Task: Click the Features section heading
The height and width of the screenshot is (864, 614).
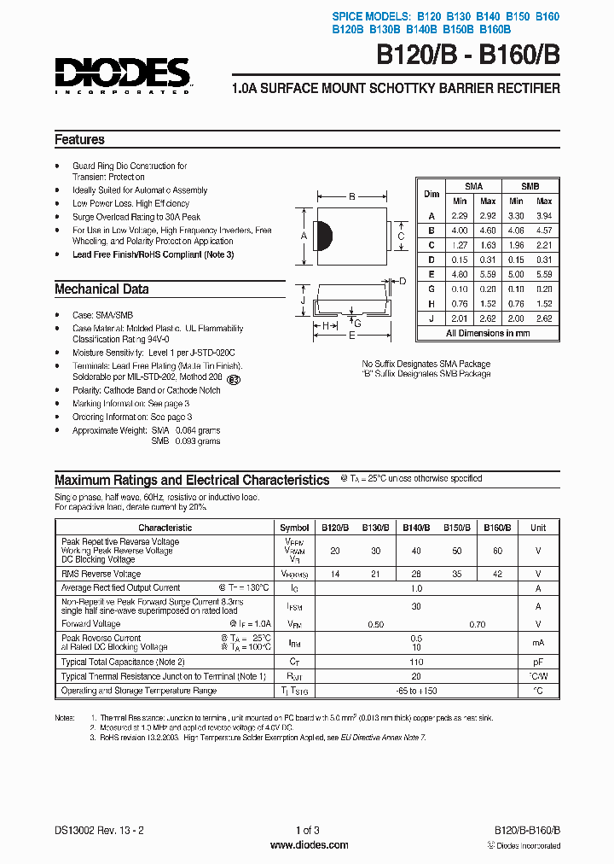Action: tap(79, 140)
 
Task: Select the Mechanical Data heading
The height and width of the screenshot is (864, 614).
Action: tap(101, 289)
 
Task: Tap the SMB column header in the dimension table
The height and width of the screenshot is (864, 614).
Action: tap(530, 186)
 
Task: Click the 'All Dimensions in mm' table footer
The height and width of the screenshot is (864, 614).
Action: tap(488, 333)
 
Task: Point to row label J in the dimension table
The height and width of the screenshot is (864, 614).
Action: tap(432, 318)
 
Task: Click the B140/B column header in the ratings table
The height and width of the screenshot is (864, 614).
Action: tap(415, 528)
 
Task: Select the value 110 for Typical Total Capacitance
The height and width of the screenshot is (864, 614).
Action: tap(416, 662)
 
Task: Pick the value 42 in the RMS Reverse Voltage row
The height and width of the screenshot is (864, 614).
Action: tap(496, 575)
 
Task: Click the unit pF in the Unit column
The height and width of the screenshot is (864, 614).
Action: tap(538, 662)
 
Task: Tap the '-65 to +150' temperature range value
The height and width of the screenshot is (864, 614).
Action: tap(416, 691)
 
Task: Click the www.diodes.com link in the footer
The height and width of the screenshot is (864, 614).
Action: tap(309, 845)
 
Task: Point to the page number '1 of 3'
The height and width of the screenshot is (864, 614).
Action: tap(307, 830)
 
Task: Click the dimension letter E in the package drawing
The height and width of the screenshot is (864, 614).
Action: tap(351, 336)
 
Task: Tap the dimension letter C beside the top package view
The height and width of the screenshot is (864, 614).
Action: tap(400, 236)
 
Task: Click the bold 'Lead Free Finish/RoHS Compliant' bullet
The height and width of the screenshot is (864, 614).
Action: tap(153, 254)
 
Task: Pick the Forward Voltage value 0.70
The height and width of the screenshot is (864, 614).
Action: tap(477, 624)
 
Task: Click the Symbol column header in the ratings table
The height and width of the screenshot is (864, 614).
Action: tap(294, 528)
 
